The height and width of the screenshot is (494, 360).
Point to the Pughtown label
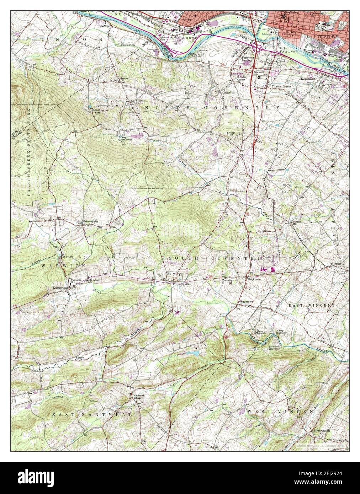coord(247,301)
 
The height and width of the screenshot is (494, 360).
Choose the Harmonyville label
coord(90,221)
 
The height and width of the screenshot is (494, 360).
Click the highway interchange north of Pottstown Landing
coord(259,48)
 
